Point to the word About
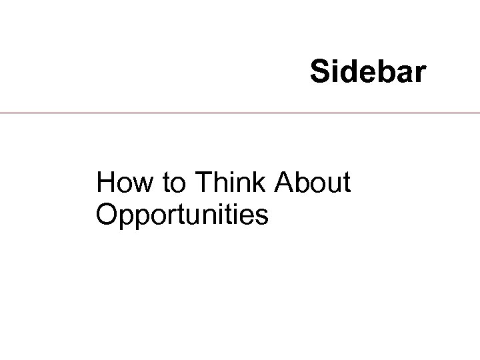(316, 183)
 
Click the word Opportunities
(182, 215)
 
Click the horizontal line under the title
(240, 113)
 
